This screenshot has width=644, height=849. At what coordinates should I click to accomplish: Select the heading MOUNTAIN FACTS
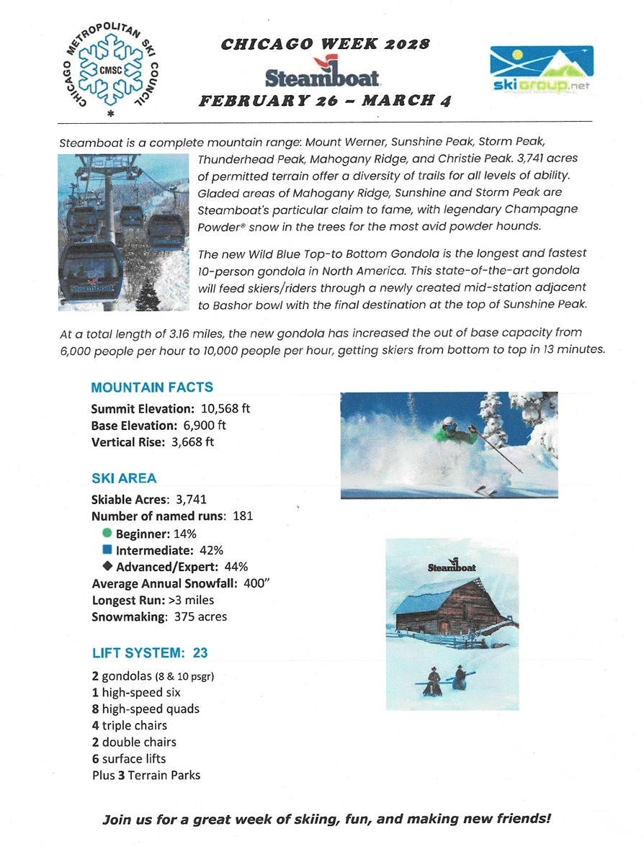(x=152, y=387)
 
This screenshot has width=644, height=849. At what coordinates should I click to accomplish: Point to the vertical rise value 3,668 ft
(x=192, y=441)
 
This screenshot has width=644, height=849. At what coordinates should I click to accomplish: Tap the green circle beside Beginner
(x=107, y=534)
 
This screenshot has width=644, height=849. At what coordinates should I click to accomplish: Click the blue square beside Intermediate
(x=107, y=550)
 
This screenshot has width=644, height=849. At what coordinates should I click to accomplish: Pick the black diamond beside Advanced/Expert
(x=107, y=567)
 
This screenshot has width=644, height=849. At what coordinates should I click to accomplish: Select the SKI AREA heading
(x=124, y=478)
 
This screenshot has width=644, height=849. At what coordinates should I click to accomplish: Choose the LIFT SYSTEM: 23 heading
(x=150, y=653)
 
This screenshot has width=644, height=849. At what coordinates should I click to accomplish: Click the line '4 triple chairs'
(x=129, y=725)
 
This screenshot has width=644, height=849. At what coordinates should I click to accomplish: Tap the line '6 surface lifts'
(x=128, y=758)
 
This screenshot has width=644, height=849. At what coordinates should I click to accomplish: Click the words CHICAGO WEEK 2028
(x=325, y=45)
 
